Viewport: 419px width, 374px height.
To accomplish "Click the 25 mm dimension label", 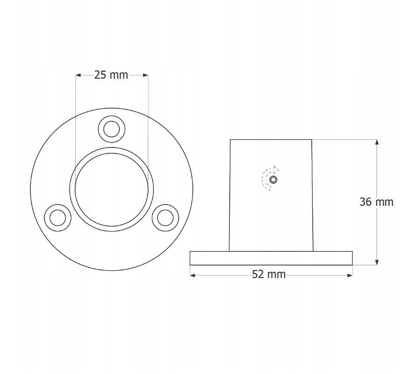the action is (111, 75).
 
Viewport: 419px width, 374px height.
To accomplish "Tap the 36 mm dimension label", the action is (377, 202).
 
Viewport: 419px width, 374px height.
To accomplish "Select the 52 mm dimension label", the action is (269, 274).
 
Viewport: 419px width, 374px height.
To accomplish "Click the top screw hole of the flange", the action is (111, 129).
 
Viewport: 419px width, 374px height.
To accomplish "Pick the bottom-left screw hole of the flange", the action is (57, 218).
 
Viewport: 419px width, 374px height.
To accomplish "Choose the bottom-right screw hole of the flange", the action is (165, 218).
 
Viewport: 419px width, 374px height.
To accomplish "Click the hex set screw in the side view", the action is (273, 180).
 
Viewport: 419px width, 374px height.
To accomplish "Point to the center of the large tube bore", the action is (111, 189).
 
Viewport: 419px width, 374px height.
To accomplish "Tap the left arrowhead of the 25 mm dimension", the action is (78, 75).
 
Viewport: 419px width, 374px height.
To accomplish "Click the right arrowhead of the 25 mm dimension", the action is (145, 75).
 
